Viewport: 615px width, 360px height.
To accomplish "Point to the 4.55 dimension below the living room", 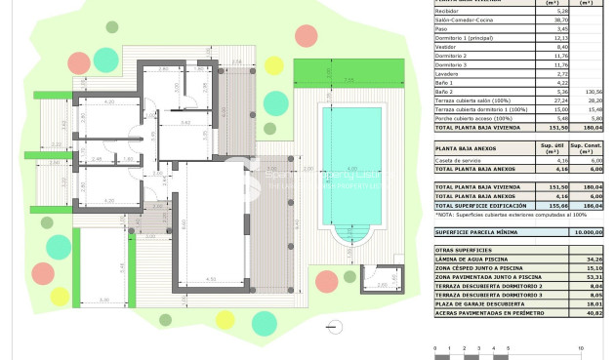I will [x=211, y=280].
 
